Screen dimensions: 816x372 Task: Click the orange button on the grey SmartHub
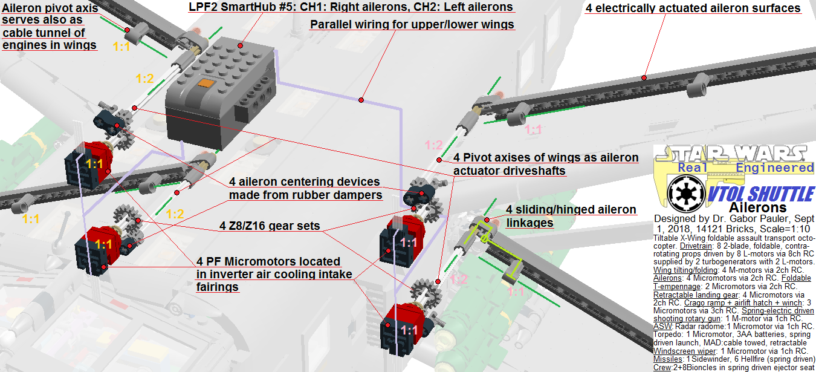pos(206,83)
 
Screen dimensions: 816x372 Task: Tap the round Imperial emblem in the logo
pos(685,194)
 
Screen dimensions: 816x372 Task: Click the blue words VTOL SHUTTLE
pos(760,194)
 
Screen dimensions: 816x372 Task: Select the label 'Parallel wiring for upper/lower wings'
pos(412,24)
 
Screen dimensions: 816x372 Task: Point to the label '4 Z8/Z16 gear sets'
pos(270,226)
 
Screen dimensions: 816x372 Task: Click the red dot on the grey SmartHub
pos(241,45)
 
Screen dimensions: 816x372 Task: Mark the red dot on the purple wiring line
pos(361,100)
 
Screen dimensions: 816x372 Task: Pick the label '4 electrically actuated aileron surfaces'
pos(693,8)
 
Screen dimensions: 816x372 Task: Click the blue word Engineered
pos(774,168)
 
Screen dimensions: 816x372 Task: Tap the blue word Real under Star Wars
pos(692,168)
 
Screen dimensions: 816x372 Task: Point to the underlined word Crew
pos(662,367)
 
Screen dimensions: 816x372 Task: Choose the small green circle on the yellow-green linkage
pos(484,239)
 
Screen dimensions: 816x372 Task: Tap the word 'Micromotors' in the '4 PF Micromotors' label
pos(282,261)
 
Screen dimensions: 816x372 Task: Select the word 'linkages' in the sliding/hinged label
pos(529,223)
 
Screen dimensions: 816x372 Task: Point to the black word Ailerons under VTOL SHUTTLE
pos(758,207)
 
